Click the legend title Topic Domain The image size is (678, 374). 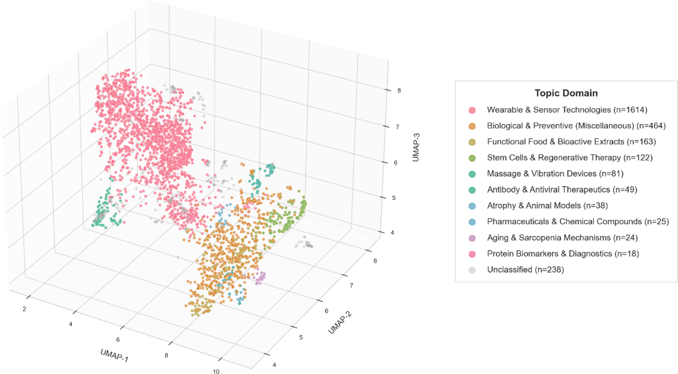(x=566, y=93)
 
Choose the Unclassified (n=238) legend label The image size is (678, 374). (x=525, y=270)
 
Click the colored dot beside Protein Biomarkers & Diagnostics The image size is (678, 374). (x=472, y=254)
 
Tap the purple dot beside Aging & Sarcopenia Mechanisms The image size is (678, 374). (x=472, y=238)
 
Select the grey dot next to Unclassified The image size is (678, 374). (x=472, y=270)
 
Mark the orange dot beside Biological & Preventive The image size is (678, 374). (x=472, y=126)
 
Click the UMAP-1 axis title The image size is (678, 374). (x=114, y=355)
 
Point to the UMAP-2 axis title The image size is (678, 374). (x=340, y=323)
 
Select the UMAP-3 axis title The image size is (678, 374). (x=416, y=147)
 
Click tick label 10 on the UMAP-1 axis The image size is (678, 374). (x=216, y=371)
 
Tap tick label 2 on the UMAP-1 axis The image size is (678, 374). (x=24, y=309)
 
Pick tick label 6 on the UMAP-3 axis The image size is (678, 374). (x=395, y=163)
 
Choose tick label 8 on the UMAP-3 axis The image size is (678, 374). (x=399, y=91)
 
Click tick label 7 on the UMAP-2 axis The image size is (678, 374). (x=351, y=285)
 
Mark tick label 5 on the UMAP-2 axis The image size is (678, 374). (x=301, y=337)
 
